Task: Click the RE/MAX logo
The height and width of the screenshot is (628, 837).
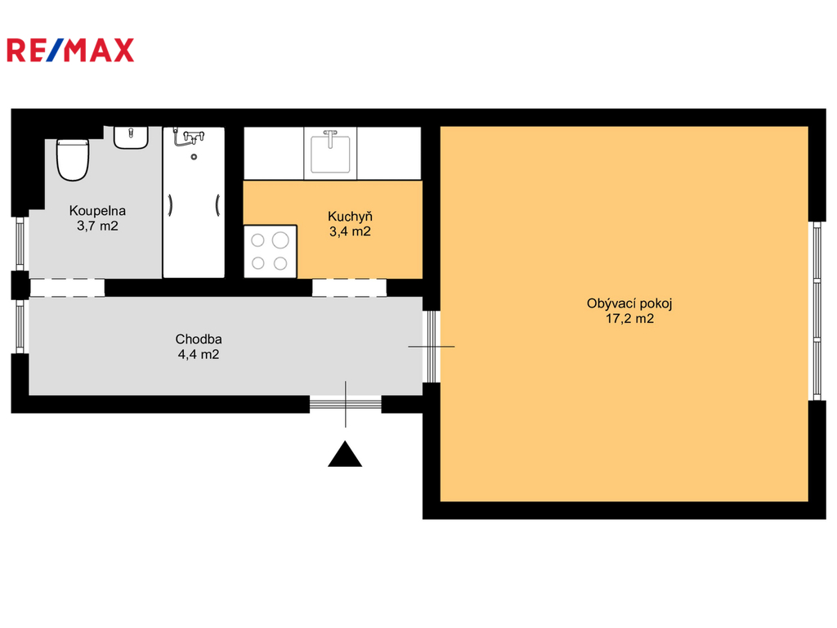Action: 70,50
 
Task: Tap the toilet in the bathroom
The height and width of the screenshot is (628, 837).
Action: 73,159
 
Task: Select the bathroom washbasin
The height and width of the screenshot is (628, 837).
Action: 131,137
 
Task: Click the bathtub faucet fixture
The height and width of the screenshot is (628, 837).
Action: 190,137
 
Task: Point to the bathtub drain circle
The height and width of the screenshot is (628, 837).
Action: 194,157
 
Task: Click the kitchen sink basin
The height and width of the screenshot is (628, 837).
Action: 330,154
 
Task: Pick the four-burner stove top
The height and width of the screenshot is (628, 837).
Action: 270,252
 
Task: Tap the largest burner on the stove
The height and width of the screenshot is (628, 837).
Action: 280,240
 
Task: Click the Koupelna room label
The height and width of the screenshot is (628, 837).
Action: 98,211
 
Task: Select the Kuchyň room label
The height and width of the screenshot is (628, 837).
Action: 350,216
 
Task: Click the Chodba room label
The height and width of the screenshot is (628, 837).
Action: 199,339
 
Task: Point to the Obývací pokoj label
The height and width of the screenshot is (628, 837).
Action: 629,304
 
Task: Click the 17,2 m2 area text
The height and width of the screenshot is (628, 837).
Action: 630,319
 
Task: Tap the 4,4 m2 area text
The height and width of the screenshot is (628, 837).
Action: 199,354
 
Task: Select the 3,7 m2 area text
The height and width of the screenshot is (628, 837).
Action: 98,226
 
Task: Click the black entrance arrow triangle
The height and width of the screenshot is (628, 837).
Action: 345,455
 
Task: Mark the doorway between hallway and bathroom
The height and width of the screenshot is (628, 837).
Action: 67,287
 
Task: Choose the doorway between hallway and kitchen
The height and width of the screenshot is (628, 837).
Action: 349,287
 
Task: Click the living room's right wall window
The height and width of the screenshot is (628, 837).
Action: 817,311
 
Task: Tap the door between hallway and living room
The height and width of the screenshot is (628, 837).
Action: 432,347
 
